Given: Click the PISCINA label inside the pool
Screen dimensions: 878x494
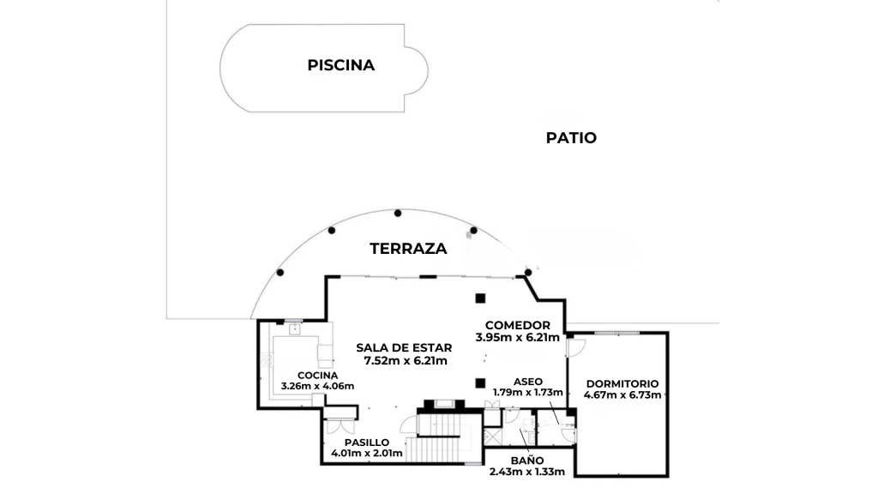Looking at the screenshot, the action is [340, 65].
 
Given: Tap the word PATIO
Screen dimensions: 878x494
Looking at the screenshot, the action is [571, 138].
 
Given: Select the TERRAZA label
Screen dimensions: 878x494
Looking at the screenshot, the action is [408, 249].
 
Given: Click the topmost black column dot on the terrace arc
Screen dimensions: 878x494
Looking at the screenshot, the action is [398, 213].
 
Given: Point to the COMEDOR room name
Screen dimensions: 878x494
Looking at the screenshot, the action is [517, 325].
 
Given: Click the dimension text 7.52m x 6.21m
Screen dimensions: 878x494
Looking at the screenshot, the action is [406, 361].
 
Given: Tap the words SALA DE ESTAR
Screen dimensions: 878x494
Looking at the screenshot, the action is [404, 348].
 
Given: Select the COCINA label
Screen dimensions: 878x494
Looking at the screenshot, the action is [317, 376].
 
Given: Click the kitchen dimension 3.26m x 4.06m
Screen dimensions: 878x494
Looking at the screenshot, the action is [317, 386].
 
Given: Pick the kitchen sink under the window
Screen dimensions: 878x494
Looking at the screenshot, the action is [295, 329].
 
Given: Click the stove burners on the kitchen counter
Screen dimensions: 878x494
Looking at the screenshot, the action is [268, 359].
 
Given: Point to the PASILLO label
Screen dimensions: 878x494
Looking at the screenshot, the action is [367, 443].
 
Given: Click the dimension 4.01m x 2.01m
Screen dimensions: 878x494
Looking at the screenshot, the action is [367, 453].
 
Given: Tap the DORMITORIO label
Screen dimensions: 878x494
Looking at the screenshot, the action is [622, 383].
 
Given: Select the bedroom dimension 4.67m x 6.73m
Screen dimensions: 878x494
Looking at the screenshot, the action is [622, 395].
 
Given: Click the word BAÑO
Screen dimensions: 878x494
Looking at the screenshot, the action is [527, 461].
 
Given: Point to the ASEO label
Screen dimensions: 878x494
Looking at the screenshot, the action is [527, 382].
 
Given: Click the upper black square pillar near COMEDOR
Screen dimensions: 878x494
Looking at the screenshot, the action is [480, 298].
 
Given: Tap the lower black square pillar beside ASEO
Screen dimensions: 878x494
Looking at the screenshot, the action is [480, 383].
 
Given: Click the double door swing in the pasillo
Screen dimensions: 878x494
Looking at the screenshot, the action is [340, 426].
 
